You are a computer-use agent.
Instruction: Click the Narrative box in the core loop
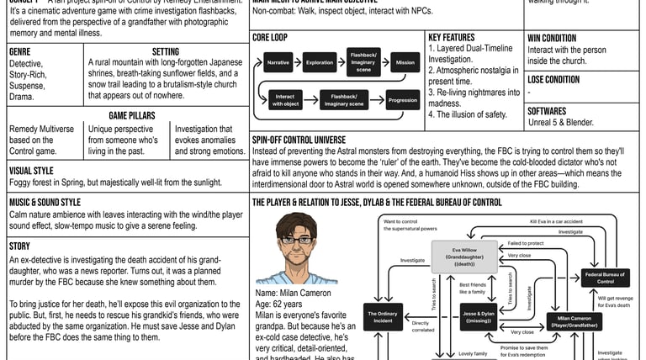(278, 64)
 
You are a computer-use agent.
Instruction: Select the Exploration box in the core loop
(320, 64)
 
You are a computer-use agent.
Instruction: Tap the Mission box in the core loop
(404, 64)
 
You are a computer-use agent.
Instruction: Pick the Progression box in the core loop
(403, 100)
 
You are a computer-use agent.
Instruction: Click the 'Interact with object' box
(285, 100)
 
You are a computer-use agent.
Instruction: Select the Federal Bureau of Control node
(606, 278)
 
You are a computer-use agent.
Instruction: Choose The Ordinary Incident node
(379, 318)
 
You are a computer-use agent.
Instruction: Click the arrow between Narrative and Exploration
(299, 64)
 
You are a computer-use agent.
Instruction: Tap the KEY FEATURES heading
(451, 39)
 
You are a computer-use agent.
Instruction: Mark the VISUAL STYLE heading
(31, 170)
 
